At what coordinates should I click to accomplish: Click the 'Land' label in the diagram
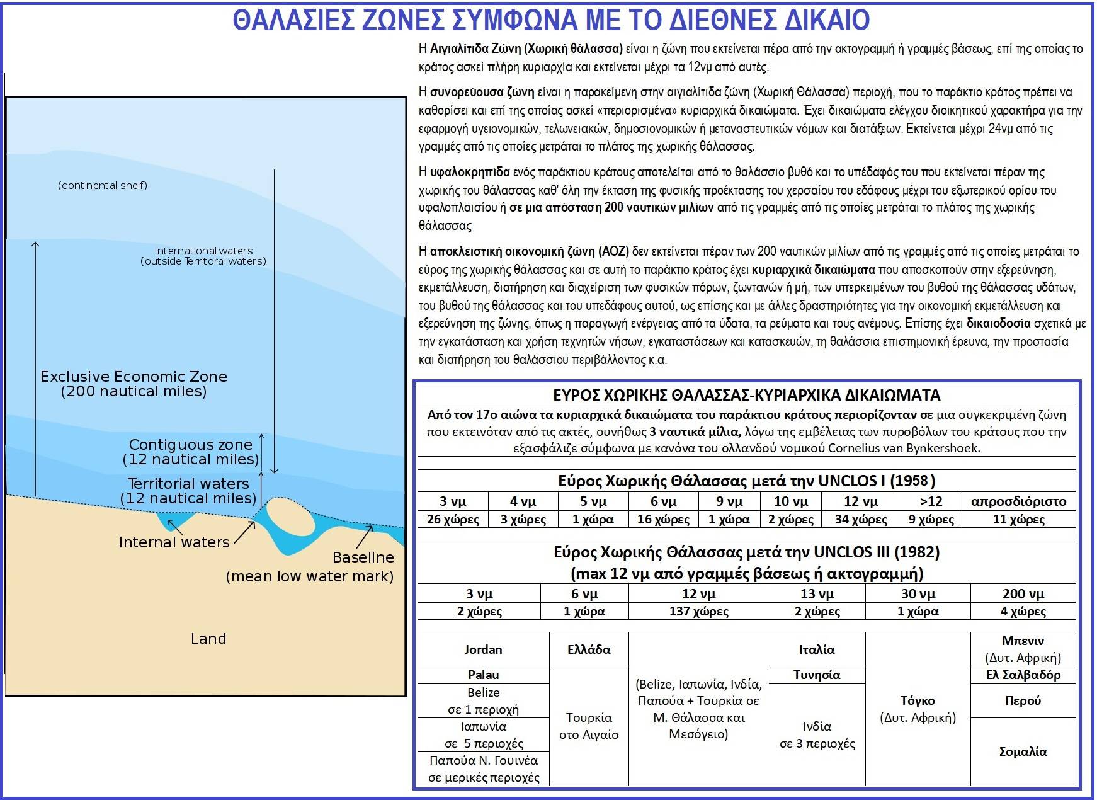coord(208,639)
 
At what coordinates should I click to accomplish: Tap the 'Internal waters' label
coord(174,542)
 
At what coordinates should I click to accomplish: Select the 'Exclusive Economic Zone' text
coord(134,377)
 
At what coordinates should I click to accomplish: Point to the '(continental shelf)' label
coord(103,185)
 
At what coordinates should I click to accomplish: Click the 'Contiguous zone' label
coord(190,445)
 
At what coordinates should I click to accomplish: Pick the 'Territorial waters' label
coord(188,484)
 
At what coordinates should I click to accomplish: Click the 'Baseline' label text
coord(363,557)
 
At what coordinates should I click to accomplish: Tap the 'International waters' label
coord(203,251)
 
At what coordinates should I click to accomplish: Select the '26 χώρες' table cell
coord(452,520)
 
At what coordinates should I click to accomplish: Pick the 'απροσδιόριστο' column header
coord(1018,501)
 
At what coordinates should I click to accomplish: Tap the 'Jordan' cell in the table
coord(483,649)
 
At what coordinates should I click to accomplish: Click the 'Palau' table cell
coord(483,675)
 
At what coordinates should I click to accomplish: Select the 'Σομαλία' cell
coord(1023,751)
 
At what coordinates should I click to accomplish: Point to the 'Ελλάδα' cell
coord(589,649)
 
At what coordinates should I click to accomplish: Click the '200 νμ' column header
coord(1023,594)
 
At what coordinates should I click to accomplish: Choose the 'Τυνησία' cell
coord(817,675)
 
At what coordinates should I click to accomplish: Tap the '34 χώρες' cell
coord(860,520)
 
